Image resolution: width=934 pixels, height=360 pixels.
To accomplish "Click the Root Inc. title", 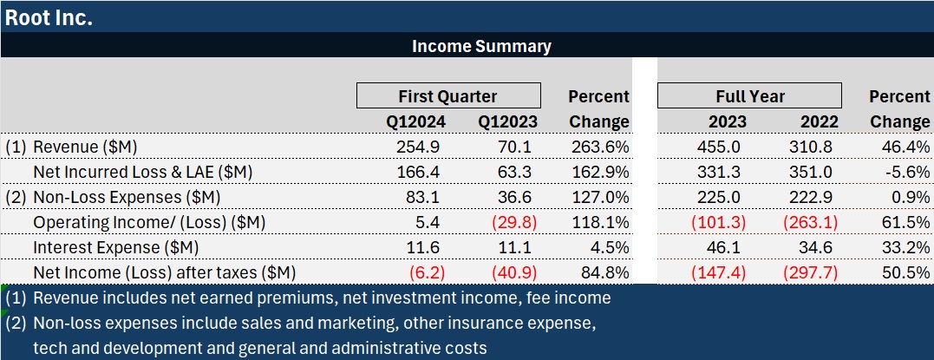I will pyautogui.click(x=49, y=16).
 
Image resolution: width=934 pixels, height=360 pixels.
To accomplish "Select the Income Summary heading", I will pyautogui.click(x=480, y=46).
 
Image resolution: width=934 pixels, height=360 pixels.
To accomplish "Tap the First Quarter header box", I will pyautogui.click(x=447, y=95).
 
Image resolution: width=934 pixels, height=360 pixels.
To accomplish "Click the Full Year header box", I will pyautogui.click(x=749, y=95).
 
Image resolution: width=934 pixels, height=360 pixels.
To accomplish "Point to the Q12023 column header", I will pyautogui.click(x=507, y=121).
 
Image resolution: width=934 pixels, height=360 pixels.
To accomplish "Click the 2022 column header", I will pyautogui.click(x=820, y=121).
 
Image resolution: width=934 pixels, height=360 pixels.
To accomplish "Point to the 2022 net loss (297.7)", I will pyautogui.click(x=812, y=272).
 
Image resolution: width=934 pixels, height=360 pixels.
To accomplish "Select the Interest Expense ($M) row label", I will pyautogui.click(x=115, y=247).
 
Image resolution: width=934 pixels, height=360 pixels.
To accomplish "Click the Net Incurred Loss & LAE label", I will pyautogui.click(x=142, y=172).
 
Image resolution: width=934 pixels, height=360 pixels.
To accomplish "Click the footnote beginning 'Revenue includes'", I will pyautogui.click(x=321, y=298).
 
